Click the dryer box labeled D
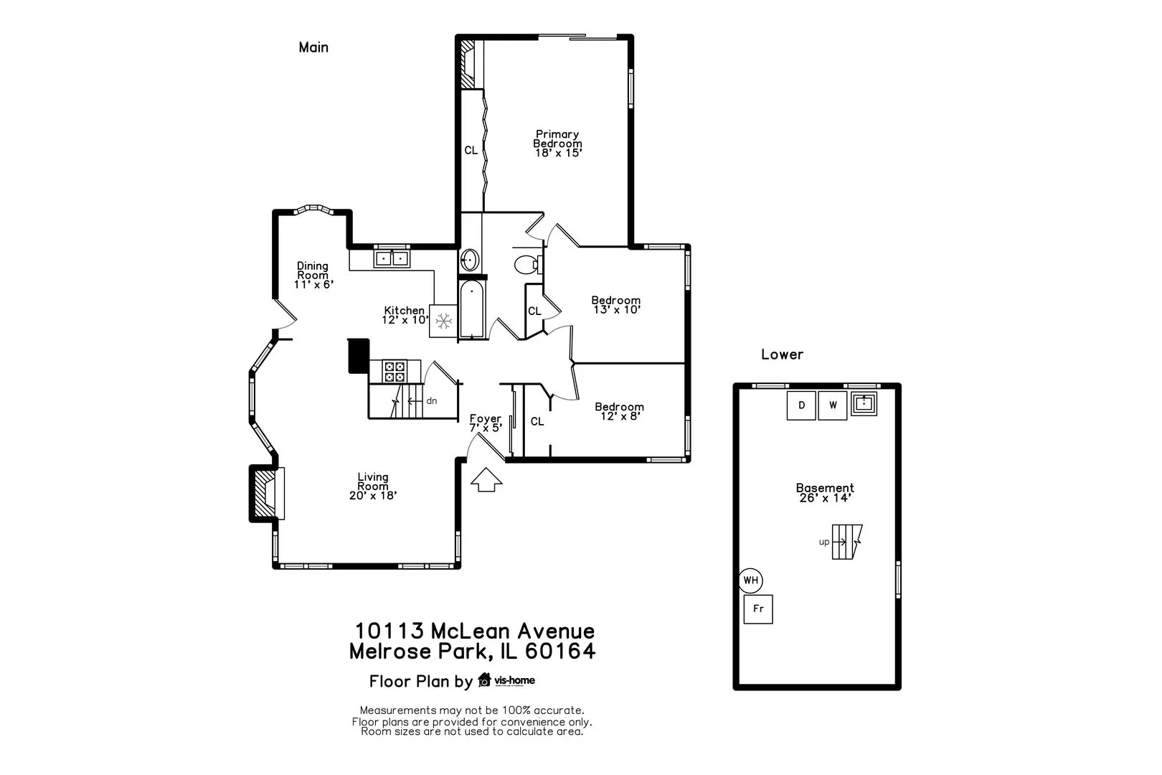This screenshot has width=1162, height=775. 801,405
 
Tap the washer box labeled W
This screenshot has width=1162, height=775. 833,405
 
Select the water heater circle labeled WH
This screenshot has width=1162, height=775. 750,581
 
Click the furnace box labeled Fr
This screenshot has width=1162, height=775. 758,609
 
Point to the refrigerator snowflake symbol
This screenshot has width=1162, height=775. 443,321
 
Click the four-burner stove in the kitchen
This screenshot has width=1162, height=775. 395,372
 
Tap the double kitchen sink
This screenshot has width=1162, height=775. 392,258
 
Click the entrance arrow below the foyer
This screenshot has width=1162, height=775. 486,479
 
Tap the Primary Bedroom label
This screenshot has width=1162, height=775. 557,144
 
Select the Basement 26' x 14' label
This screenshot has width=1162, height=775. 825,492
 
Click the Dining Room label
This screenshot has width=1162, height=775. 313,275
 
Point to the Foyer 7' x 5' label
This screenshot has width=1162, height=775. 486,423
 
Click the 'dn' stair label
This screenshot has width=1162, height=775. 432,400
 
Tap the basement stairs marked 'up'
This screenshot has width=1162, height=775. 846,542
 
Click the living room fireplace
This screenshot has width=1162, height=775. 267,493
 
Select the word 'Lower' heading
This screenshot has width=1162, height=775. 782,354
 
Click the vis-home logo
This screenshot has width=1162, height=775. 506,680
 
